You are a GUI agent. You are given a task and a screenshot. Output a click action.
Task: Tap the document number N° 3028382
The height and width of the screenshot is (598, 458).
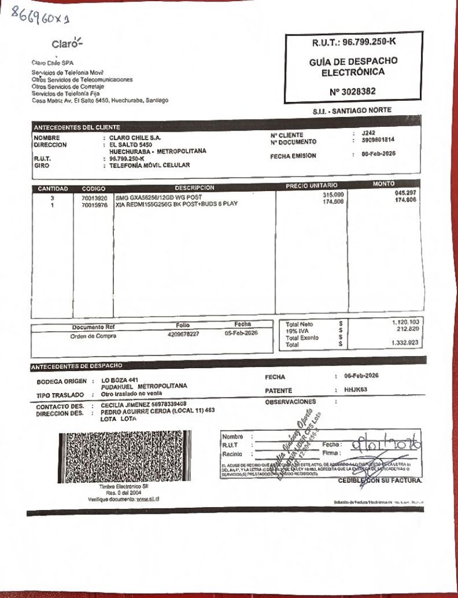(352, 91)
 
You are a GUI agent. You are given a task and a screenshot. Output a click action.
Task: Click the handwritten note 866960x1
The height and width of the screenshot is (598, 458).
(41, 20)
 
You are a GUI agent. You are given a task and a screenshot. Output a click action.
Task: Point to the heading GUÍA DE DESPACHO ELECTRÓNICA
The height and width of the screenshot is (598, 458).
(353, 66)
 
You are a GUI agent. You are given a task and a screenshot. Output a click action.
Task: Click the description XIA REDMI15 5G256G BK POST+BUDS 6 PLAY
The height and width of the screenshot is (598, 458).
(176, 204)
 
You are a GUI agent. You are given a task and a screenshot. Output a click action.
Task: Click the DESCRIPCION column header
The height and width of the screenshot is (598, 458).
(194, 188)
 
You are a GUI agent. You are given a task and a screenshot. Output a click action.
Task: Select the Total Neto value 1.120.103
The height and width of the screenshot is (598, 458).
(407, 322)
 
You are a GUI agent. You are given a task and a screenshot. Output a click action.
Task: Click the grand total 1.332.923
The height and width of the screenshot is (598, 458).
(407, 343)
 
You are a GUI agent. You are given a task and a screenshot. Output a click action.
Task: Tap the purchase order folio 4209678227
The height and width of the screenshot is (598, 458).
(183, 334)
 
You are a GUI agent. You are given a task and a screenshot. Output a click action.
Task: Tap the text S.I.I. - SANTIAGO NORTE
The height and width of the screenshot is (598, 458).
(352, 111)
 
